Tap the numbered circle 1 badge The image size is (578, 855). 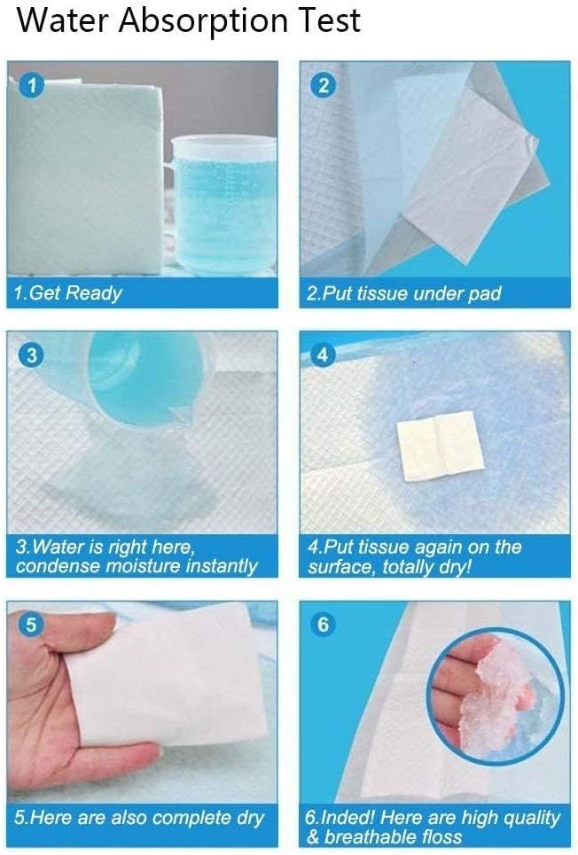(x=32, y=86)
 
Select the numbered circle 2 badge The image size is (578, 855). (x=324, y=86)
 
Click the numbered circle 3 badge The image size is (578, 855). (x=32, y=356)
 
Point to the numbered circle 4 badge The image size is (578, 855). (x=324, y=356)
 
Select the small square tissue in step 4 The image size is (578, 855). (x=436, y=447)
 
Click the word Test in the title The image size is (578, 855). (x=330, y=21)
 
